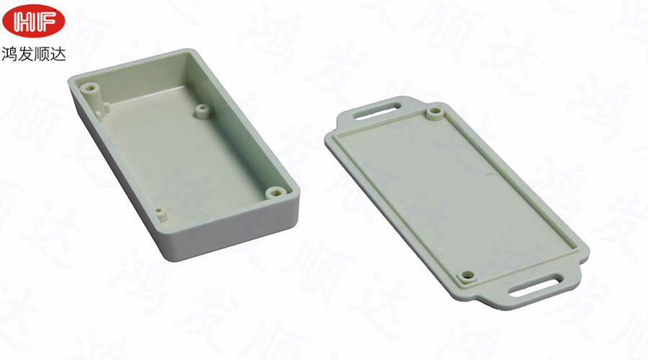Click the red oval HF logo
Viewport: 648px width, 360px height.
[33, 21]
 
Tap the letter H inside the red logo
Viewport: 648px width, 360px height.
[24, 21]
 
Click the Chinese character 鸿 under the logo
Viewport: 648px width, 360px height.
[9, 54]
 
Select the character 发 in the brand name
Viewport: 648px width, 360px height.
[26, 54]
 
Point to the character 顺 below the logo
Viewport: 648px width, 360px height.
[41, 54]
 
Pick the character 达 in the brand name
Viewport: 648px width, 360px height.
[58, 54]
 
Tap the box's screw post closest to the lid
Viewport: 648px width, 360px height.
[274, 193]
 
